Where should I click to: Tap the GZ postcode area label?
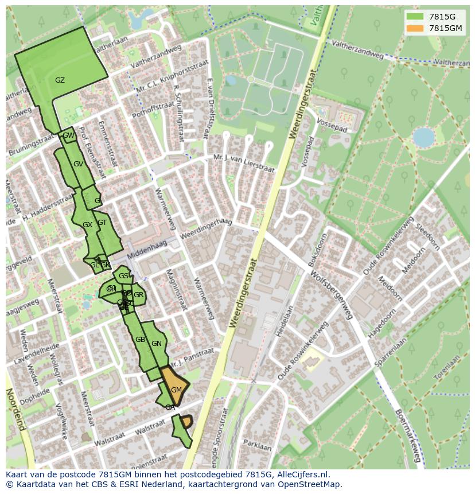60,80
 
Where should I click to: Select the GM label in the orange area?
176,390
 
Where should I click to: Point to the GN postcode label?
157,344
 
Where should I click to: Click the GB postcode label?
140,340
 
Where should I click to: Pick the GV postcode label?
79,164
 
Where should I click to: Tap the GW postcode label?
68,136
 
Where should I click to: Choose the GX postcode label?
87,225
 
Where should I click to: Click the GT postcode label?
102,223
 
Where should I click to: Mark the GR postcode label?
139,295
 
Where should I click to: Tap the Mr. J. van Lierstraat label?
244,162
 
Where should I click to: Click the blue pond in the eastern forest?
423,138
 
